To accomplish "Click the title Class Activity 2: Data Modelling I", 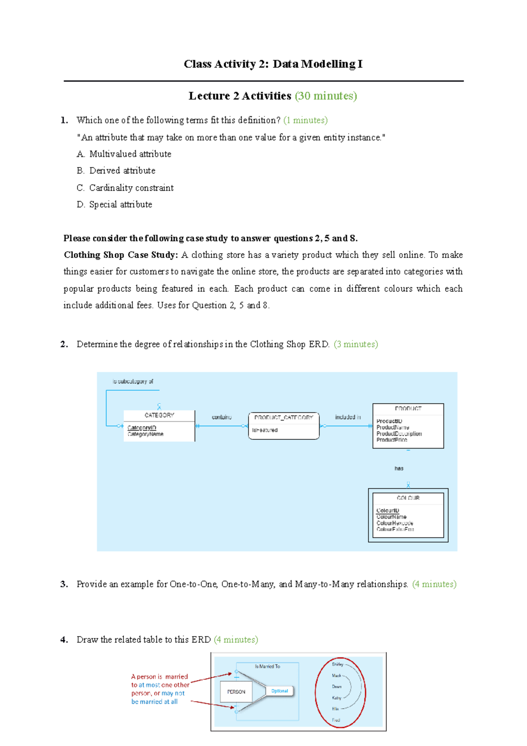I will point(273,64).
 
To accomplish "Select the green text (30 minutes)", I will point(325,96).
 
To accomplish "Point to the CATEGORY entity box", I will point(159,425).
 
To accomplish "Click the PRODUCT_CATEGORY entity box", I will point(284,425).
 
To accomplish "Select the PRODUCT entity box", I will point(408,426).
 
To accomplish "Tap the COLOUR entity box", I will point(408,515).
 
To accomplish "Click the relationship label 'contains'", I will point(221,417).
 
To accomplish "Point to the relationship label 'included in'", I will point(348,417).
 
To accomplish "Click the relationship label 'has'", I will point(399,469).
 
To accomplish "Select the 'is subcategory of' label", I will point(133,381).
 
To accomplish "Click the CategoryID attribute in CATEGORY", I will point(141,428).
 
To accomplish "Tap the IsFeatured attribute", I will point(265,431).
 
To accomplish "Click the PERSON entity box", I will point(236,692).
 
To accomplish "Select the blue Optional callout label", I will point(279,691).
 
